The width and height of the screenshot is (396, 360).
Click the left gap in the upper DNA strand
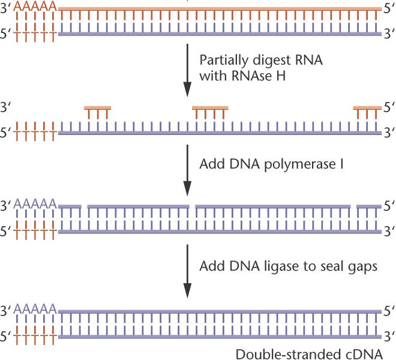pos(85,206)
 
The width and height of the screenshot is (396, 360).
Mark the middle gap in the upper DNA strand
pos(192,206)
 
